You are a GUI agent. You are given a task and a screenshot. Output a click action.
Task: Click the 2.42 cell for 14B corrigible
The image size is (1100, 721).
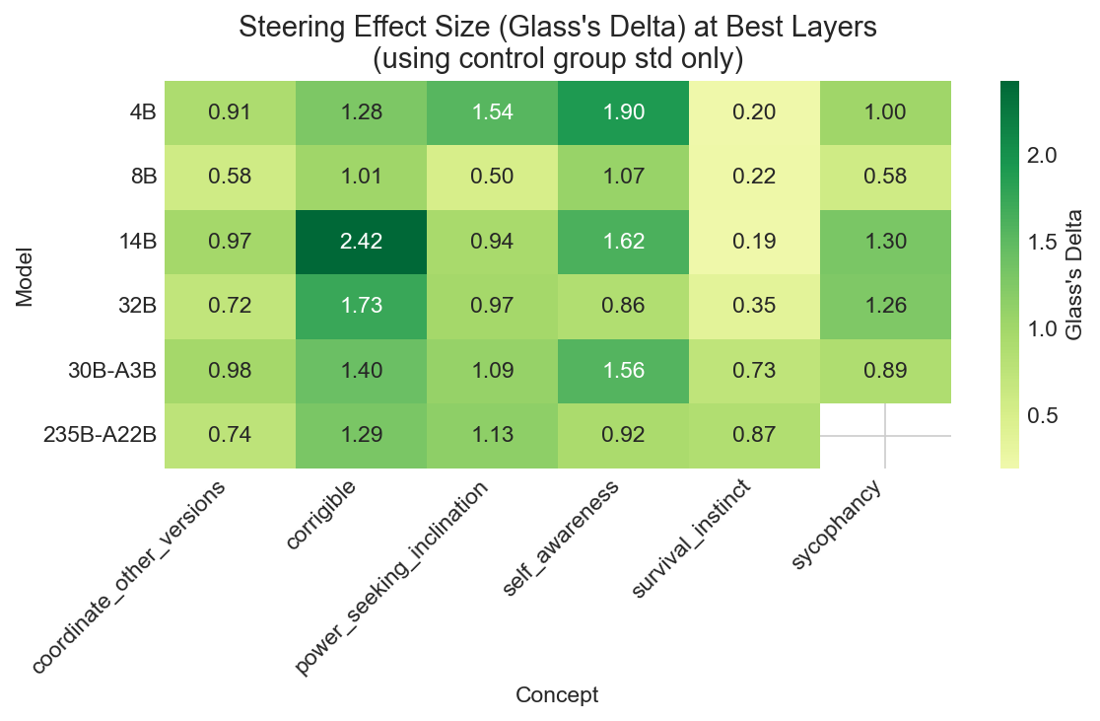point(361,242)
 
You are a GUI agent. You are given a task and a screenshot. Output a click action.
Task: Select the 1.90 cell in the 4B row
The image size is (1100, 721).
point(623,111)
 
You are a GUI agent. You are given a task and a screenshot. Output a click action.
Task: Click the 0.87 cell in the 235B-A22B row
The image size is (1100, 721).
point(754,436)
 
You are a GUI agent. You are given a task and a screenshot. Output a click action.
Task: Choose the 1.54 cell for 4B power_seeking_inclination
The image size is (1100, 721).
point(492,111)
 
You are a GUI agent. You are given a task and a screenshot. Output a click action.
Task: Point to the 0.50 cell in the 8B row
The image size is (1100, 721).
point(492,177)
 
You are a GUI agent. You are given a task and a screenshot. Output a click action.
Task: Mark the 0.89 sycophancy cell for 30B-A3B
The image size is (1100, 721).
point(885,371)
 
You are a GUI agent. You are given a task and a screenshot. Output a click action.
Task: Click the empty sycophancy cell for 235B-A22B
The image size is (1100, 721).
point(885,436)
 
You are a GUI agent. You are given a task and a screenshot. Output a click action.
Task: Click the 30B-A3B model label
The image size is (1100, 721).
point(116,372)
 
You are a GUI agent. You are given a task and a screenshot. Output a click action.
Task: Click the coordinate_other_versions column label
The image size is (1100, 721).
point(132,577)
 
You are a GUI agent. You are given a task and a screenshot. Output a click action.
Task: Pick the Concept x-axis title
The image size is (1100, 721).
point(557,695)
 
